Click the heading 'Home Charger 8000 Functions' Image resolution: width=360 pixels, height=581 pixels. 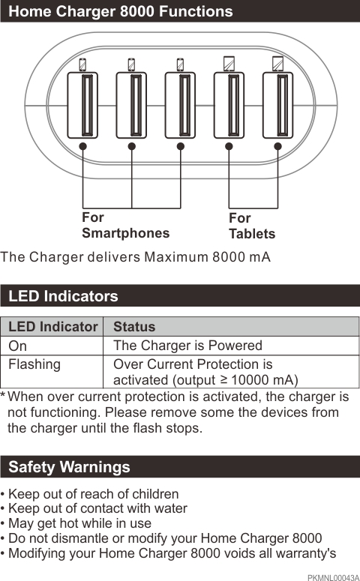120,11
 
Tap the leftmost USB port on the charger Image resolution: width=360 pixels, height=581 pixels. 82,105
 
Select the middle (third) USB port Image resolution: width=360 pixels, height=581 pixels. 180,105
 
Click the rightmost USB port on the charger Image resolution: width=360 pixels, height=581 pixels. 277,105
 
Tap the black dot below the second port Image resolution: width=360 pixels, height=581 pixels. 132,146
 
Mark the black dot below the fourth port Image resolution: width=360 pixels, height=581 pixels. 229,146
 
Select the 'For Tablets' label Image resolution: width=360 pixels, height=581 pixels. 251,226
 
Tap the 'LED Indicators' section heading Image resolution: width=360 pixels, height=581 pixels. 63,295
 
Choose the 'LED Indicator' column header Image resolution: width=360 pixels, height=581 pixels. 52,327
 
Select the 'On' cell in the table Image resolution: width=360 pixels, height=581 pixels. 17,346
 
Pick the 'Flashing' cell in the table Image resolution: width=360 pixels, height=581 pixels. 34,364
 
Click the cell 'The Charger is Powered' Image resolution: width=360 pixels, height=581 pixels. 187,346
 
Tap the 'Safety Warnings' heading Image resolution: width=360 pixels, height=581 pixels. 69,467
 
